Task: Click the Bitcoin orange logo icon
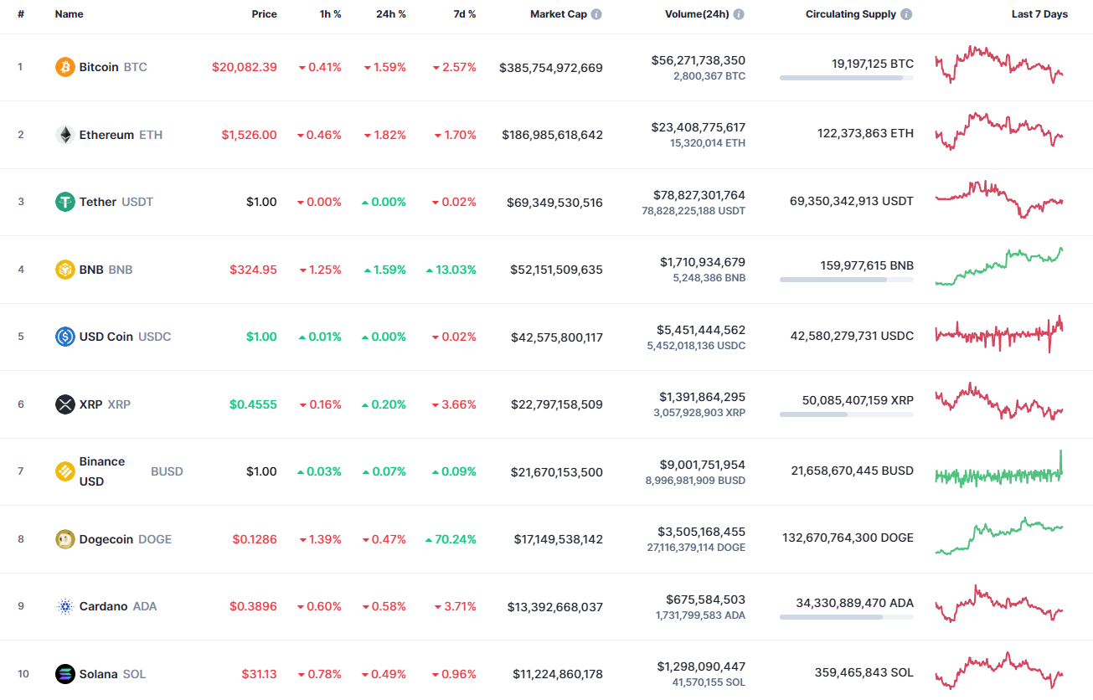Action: [64, 67]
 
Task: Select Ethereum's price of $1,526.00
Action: [249, 135]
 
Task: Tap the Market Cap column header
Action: [559, 14]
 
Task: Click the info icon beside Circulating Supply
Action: [906, 14]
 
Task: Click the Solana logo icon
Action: [64, 674]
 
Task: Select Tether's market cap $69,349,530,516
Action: [554, 203]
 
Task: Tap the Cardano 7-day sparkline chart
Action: [998, 605]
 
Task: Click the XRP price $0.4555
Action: [253, 404]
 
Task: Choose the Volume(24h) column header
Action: [696, 14]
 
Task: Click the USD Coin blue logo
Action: [64, 337]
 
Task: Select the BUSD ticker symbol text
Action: [167, 471]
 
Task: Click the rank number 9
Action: [21, 606]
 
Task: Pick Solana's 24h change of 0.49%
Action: [384, 674]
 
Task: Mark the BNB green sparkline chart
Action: [998, 266]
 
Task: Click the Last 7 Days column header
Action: [1039, 14]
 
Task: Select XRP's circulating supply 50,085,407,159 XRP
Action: [858, 400]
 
